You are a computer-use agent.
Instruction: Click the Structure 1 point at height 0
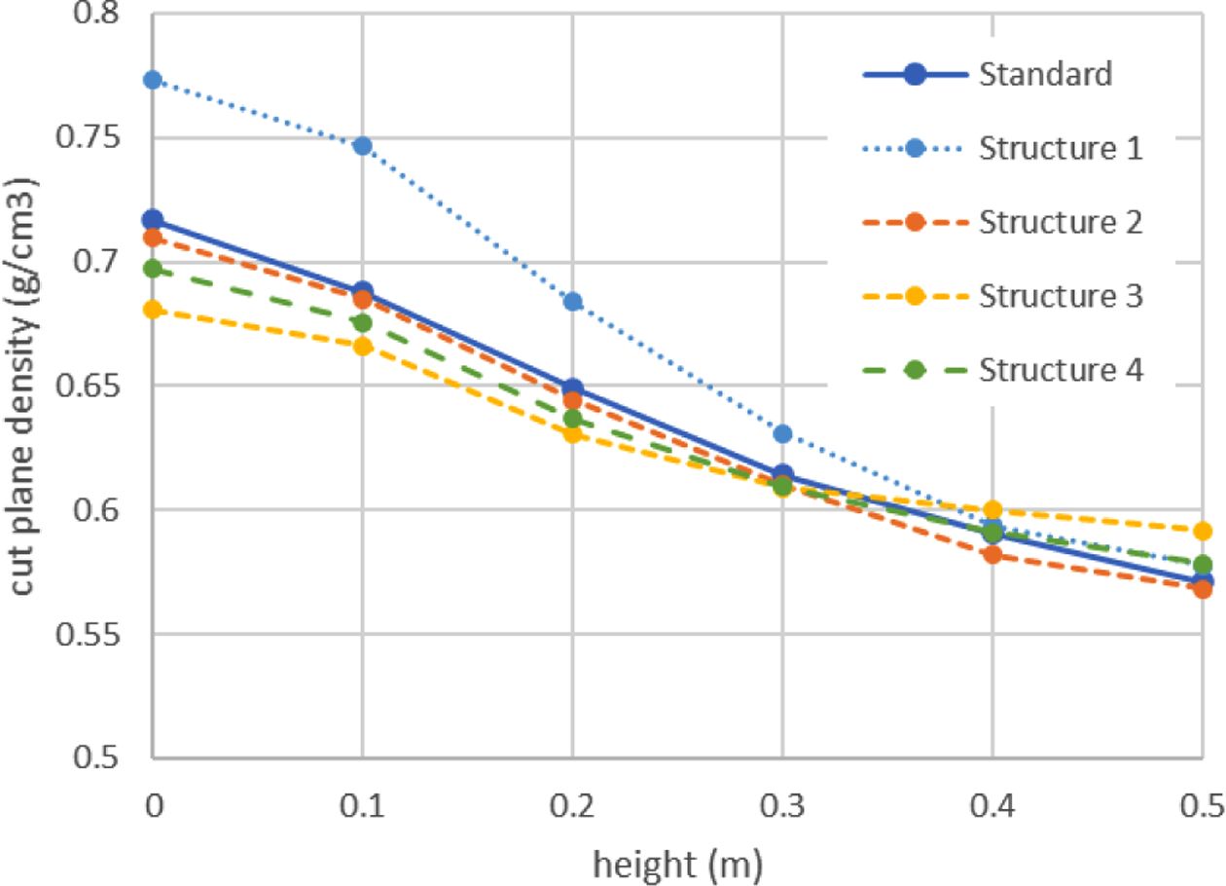click(x=152, y=80)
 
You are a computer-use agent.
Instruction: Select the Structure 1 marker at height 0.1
click(x=362, y=146)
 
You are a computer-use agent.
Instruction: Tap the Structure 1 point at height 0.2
click(x=573, y=301)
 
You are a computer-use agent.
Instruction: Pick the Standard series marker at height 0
click(x=152, y=220)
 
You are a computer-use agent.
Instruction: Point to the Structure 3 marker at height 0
click(x=152, y=310)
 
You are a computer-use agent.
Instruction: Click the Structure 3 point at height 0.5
click(x=1203, y=531)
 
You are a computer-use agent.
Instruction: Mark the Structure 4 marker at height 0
click(x=152, y=269)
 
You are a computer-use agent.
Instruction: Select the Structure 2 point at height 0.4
click(x=992, y=555)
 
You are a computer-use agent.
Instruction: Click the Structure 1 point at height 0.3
click(x=782, y=433)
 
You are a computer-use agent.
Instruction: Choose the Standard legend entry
click(x=1045, y=75)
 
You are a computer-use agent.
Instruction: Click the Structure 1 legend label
click(x=1060, y=149)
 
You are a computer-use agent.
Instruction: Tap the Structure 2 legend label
click(x=1060, y=222)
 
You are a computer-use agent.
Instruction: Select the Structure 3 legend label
click(x=1060, y=296)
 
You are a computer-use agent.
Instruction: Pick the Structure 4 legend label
click(x=1060, y=370)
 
